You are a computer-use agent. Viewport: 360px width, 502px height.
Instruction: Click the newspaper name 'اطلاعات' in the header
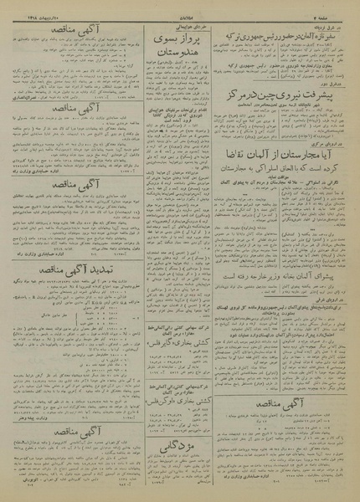point(181,6)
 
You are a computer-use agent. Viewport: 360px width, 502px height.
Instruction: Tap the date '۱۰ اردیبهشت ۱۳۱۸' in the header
point(29,6)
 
